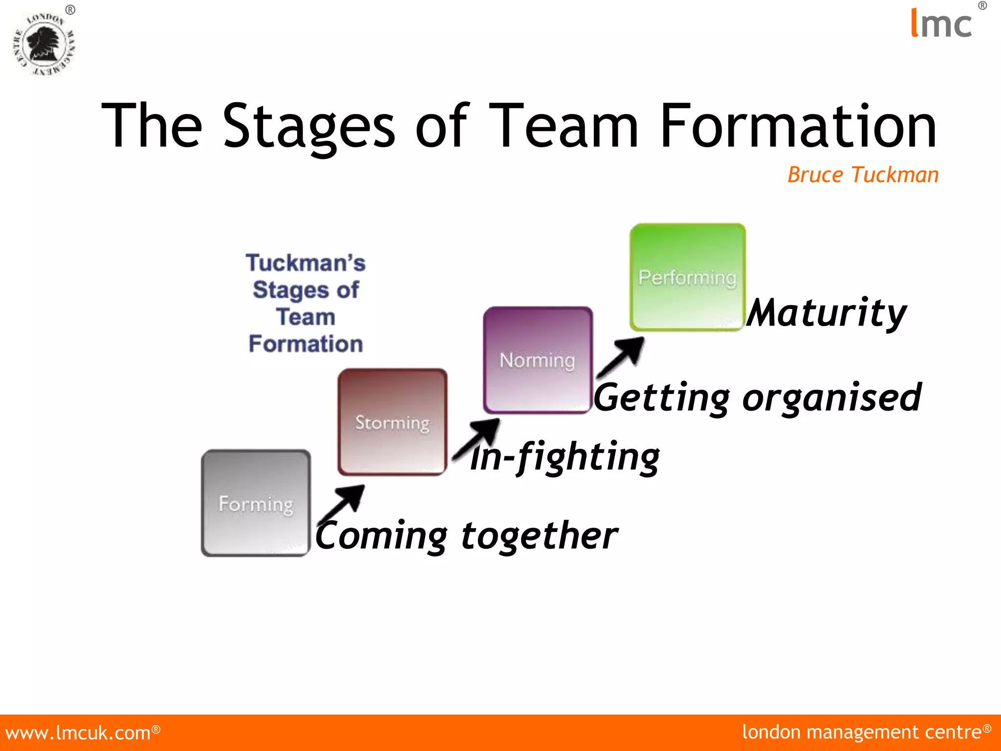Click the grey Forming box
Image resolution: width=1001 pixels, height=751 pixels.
tap(256, 503)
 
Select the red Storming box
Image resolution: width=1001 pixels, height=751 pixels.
tap(392, 421)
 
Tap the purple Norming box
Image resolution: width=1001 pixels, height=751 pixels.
tap(538, 360)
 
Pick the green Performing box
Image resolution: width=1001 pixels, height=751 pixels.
tap(687, 277)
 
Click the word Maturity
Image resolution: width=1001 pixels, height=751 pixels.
tap(827, 313)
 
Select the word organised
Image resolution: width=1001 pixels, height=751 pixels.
tap(831, 398)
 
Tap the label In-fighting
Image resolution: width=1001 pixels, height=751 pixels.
tap(565, 457)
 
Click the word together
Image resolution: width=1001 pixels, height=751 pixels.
tap(539, 536)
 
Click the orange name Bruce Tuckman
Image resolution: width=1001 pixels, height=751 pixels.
tap(863, 175)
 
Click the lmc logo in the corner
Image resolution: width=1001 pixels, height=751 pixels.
tap(941, 23)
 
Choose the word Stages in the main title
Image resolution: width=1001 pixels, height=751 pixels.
tap(308, 126)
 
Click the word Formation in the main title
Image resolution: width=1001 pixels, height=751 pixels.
tap(798, 126)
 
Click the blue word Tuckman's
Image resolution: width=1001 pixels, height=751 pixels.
tap(305, 263)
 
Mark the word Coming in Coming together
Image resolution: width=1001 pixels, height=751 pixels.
tap(381, 536)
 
